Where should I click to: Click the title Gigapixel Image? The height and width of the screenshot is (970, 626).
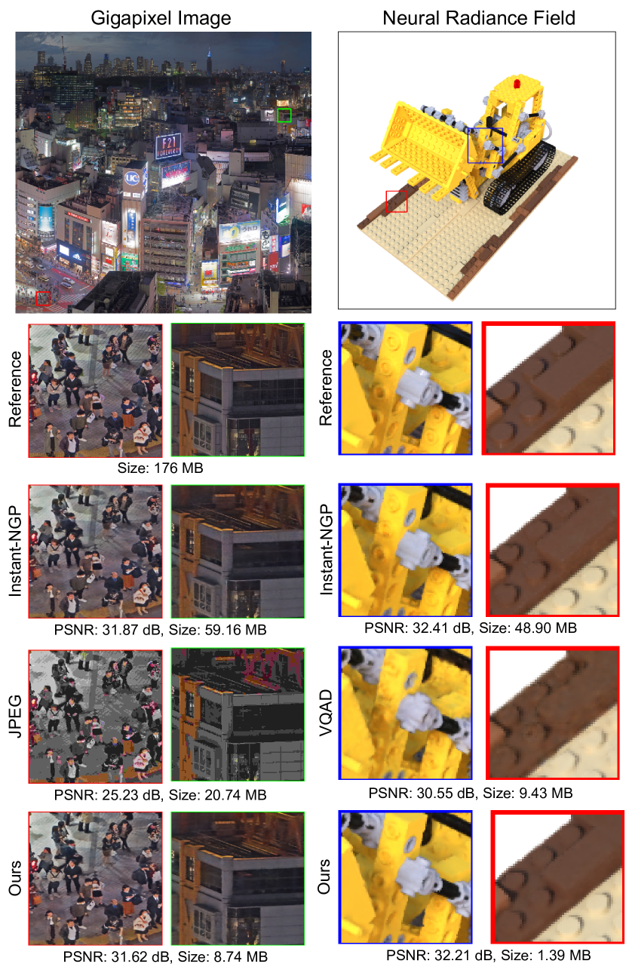[x=161, y=18]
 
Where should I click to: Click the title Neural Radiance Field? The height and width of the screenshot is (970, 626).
[x=479, y=18]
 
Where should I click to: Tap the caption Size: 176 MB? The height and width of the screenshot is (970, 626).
[x=160, y=468]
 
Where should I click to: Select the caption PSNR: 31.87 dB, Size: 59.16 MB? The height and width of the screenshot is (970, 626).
[x=160, y=630]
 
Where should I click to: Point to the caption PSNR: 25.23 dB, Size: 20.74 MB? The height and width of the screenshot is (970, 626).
[x=160, y=795]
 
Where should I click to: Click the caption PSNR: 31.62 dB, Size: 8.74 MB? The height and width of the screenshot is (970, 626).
[x=165, y=956]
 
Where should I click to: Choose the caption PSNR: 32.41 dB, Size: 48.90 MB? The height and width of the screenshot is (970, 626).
[x=471, y=628]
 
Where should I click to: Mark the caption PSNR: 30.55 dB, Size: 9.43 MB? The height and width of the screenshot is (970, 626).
[x=471, y=793]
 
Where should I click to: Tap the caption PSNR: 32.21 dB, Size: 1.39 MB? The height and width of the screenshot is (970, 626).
[x=488, y=955]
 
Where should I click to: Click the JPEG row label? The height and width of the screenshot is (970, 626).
[x=16, y=716]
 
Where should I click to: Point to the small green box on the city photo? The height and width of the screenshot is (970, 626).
[x=284, y=115]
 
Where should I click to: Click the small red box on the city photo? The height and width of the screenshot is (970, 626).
[x=43, y=299]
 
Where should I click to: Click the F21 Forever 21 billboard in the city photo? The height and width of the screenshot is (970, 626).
[x=168, y=146]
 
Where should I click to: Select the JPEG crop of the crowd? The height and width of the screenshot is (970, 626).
[x=96, y=717]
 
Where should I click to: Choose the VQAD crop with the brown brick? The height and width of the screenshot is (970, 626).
[x=553, y=713]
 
